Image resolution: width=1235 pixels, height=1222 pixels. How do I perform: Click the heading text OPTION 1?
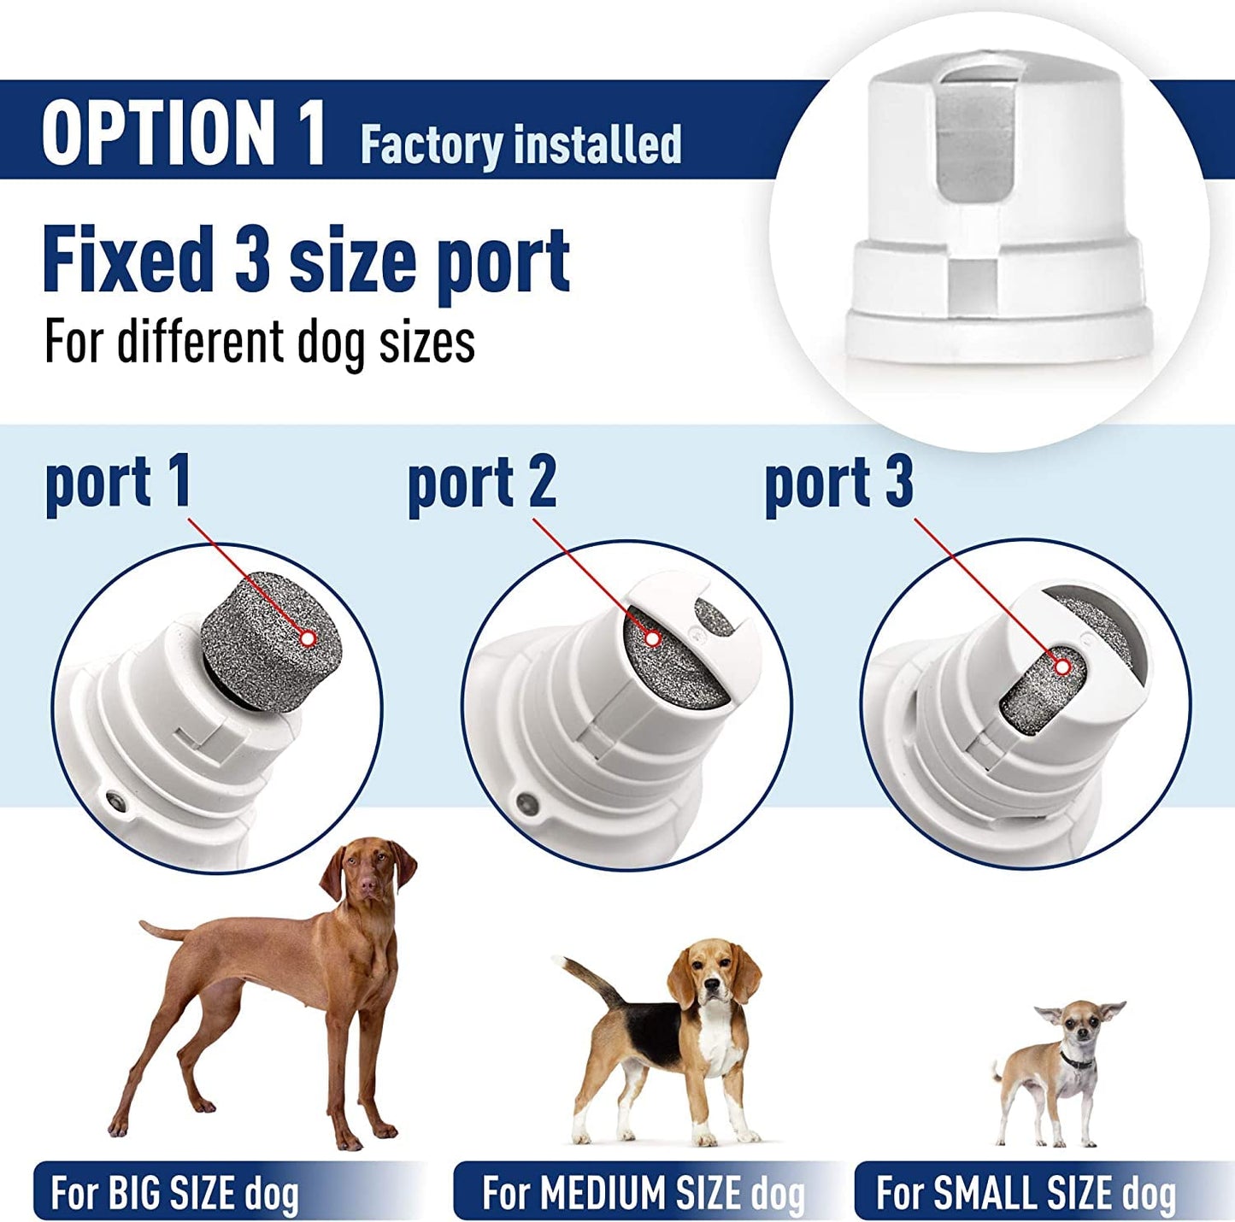coord(184,132)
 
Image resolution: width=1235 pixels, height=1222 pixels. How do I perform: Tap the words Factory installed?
coord(520,144)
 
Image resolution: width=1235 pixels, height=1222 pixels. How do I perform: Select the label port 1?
coord(118,483)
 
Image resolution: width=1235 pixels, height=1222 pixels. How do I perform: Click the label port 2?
coord(481,484)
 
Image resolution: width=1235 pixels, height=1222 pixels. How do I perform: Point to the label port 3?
coord(838,484)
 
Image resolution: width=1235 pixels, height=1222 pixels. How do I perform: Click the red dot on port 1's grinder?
coord(309,637)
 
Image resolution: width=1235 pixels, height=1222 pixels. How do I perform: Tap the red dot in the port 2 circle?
coord(653,637)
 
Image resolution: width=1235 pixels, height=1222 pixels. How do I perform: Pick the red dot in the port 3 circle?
coord(1062,666)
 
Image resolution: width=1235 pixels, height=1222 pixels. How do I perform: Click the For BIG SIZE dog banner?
coord(175,1192)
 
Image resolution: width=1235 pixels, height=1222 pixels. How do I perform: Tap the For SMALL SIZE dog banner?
coord(1026,1192)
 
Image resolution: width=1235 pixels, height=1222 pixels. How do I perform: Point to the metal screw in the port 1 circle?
coord(113,802)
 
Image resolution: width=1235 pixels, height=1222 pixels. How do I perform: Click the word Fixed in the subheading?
coord(128,261)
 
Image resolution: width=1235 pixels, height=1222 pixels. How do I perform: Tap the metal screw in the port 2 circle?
coord(526,803)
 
